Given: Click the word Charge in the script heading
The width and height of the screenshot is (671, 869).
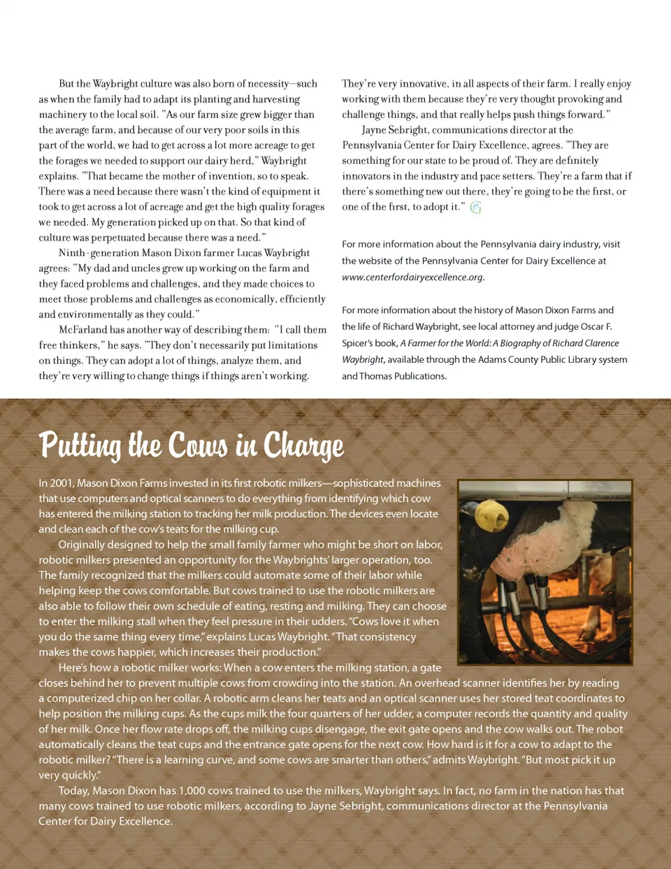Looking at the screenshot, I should point(303,445).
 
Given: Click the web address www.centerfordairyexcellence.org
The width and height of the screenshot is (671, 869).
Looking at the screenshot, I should point(412,277).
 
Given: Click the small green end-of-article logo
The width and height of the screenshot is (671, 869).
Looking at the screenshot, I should point(476,207).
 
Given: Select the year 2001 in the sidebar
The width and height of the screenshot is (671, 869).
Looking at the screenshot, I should point(62,483).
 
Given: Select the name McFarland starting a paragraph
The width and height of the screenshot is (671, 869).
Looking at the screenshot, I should point(82,330).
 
